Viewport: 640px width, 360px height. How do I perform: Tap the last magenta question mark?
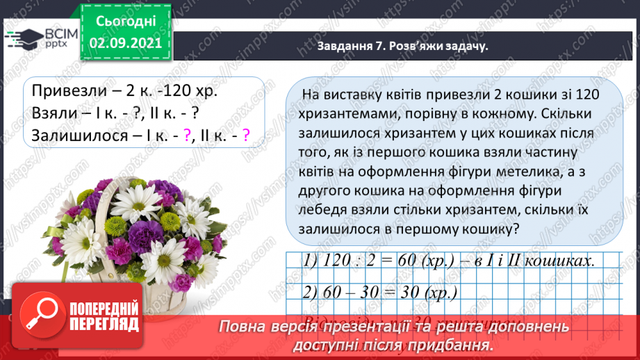pos(245,136)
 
